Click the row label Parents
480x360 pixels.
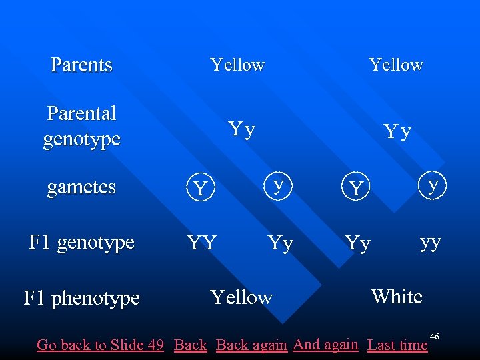click(x=81, y=65)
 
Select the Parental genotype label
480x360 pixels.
click(x=81, y=126)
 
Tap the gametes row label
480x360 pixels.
click(x=81, y=187)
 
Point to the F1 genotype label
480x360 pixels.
click(x=81, y=241)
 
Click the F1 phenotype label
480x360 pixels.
click(x=81, y=297)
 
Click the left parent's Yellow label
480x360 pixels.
click(x=237, y=65)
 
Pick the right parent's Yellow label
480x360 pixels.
click(x=396, y=65)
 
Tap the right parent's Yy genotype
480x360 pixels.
click(x=397, y=132)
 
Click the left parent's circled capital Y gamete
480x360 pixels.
click(x=199, y=189)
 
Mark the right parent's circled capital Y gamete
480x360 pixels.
click(x=356, y=189)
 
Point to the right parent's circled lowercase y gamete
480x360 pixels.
click(x=434, y=183)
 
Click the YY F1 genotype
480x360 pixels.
click(x=201, y=243)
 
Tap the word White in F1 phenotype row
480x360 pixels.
click(x=397, y=296)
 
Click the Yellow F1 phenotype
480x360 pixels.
click(x=241, y=297)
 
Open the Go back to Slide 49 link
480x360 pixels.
click(x=100, y=345)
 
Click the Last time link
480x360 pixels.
click(x=397, y=345)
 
